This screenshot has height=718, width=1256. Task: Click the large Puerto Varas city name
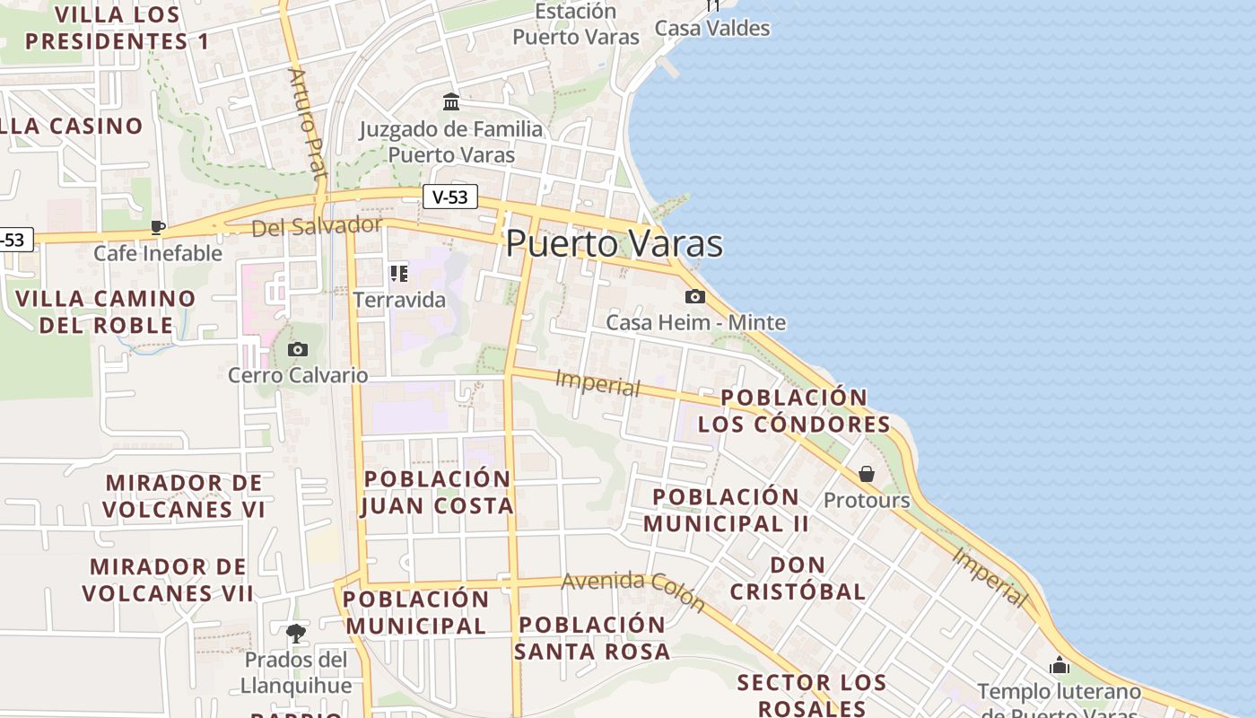pos(615,243)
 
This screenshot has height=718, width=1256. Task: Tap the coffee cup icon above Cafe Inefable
pos(158,227)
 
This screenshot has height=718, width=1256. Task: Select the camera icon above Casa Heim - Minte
pos(694,296)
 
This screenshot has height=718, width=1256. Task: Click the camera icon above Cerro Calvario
pos(298,349)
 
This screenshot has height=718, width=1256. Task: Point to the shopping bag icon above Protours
pos(867,473)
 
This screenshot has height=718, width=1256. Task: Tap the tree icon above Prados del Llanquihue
pos(295,634)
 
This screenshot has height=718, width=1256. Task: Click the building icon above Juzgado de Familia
pos(451,101)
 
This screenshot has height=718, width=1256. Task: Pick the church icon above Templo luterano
pos(1060,666)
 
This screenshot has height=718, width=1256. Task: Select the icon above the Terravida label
pos(398,273)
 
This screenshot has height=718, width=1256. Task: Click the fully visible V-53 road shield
pos(449,197)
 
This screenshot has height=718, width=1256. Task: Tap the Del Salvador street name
pos(317,226)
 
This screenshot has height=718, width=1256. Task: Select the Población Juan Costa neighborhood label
pos(438,492)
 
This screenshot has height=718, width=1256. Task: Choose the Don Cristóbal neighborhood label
pos(798,578)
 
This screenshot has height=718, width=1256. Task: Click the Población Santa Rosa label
pos(592,638)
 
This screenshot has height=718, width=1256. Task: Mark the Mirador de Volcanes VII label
pos(168,580)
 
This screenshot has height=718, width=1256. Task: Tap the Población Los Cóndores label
pos(794,410)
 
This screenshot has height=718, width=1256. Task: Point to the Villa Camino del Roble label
pos(106,311)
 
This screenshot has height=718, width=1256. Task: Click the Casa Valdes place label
pos(712,28)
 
